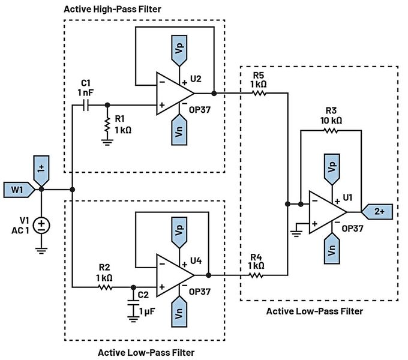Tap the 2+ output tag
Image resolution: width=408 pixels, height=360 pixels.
pyautogui.click(x=377, y=212)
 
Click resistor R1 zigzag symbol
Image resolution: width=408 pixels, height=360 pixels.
pyautogui.click(x=107, y=124)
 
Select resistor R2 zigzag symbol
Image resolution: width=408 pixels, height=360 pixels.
pyautogui.click(x=106, y=287)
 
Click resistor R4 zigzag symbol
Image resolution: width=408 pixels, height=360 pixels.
pyautogui.click(x=256, y=275)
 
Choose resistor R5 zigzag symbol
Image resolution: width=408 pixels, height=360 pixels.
pyautogui.click(x=259, y=93)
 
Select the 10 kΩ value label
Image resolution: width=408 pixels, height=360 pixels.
pyautogui.click(x=331, y=120)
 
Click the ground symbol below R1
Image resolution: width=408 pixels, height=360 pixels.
pyautogui.click(x=107, y=142)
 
